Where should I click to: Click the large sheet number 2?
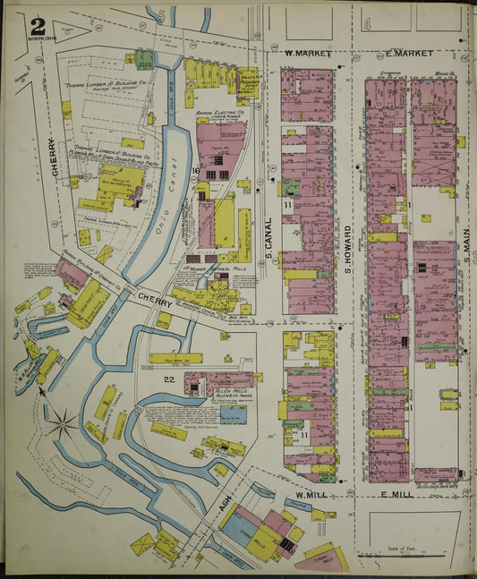[x=37, y=27]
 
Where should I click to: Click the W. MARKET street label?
[x=308, y=55]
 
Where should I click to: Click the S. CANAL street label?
[x=268, y=241]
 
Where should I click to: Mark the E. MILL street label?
[x=400, y=495]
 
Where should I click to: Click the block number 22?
[x=167, y=379]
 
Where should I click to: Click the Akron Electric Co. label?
[x=218, y=116]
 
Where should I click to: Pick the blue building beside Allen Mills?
[x=234, y=414]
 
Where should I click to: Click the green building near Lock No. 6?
[x=144, y=59]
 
